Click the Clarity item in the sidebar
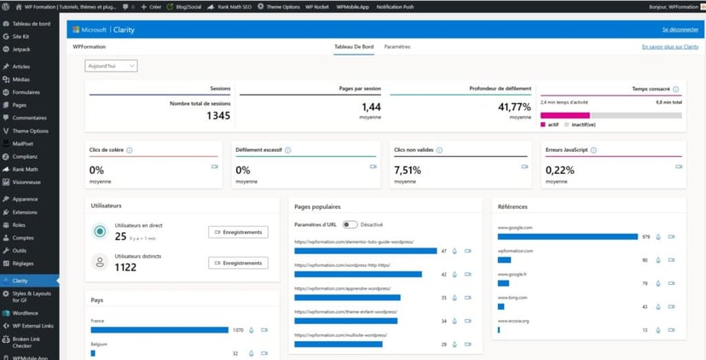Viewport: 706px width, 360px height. pos(20,280)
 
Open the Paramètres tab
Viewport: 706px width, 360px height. pos(396,46)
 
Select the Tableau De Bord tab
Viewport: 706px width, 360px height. pos(353,46)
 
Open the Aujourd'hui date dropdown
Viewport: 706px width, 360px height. pos(111,66)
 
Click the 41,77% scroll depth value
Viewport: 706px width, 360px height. pos(514,107)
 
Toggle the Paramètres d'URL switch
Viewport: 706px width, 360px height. pos(350,224)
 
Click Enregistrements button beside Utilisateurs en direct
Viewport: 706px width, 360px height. pos(238,232)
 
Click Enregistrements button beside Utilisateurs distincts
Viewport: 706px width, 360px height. pos(238,263)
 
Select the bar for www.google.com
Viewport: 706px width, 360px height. pos(567,236)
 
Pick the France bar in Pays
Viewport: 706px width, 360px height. pos(159,329)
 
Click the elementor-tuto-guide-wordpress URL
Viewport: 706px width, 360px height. pos(353,241)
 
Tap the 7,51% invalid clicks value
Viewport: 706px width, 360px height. pos(407,170)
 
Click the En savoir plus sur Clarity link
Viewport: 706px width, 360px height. pos(670,47)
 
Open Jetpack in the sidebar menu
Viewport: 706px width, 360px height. pos(21,49)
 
